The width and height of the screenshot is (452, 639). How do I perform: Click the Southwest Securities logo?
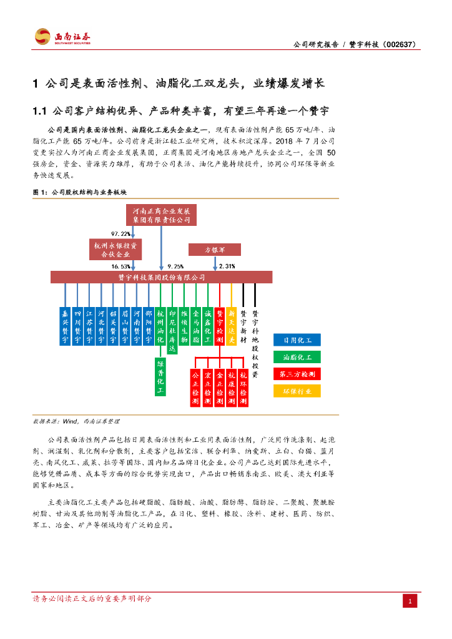[x=62, y=36]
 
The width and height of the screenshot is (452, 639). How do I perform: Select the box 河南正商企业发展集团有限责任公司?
[x=161, y=215]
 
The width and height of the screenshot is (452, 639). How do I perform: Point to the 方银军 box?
[x=215, y=250]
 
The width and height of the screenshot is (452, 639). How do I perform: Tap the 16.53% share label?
[x=120, y=266]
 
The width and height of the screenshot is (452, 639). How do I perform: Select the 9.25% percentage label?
[x=175, y=266]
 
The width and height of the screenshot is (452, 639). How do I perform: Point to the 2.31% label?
[x=227, y=266]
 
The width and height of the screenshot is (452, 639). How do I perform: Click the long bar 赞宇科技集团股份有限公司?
[x=161, y=276]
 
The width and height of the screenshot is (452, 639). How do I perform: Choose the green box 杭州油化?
[x=160, y=326]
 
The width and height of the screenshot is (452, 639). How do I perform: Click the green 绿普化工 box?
[x=160, y=377]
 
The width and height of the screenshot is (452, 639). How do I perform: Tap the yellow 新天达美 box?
[x=231, y=326]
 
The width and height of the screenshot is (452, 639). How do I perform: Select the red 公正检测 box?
[x=195, y=388]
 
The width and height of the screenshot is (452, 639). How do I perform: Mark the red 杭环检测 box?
[x=243, y=388]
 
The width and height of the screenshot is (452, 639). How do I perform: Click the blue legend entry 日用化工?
[x=297, y=340]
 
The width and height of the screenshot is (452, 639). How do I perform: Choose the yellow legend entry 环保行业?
[x=297, y=391]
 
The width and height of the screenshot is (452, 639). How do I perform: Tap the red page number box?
[x=410, y=602]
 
